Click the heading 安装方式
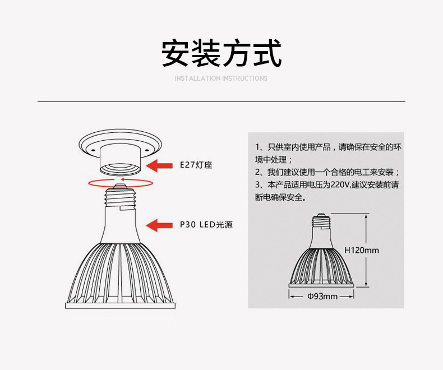click(x=221, y=54)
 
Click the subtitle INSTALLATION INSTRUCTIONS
click(x=221, y=78)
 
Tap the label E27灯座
click(x=196, y=165)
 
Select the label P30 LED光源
click(x=206, y=225)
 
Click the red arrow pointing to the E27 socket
click(x=161, y=165)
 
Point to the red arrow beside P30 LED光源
click(x=159, y=225)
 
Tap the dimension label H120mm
click(x=361, y=250)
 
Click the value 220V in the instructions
click(x=339, y=184)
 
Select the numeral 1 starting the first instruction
click(x=257, y=147)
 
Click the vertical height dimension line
click(x=366, y=249)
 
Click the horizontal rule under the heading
click(x=221, y=102)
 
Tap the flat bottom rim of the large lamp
click(x=120, y=306)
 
